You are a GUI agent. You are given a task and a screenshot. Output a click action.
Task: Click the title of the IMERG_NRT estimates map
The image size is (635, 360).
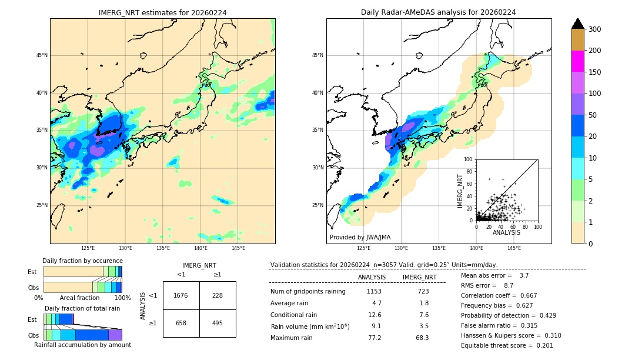(x=162, y=12)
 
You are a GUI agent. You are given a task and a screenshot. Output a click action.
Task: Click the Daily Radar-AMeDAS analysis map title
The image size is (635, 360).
(x=438, y=12)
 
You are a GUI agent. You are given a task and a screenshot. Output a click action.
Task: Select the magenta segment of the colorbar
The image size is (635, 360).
(x=577, y=61)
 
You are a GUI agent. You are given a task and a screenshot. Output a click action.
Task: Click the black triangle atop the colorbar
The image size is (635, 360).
(x=577, y=24)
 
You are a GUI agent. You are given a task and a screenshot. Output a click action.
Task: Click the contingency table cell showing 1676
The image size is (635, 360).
(x=181, y=295)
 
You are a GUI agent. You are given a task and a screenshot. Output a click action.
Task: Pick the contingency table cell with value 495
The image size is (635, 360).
(x=218, y=323)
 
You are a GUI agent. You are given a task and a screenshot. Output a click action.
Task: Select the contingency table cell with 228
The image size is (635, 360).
(x=218, y=295)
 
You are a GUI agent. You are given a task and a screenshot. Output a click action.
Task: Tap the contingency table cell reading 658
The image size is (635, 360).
(x=181, y=323)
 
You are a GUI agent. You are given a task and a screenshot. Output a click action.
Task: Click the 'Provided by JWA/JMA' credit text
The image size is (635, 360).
(x=360, y=238)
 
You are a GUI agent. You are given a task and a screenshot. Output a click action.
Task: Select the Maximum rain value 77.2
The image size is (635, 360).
(x=374, y=338)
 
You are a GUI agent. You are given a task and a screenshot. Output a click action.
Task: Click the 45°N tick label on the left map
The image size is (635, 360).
(x=41, y=55)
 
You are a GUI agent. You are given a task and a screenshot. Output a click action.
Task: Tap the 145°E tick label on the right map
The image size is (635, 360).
(x=514, y=248)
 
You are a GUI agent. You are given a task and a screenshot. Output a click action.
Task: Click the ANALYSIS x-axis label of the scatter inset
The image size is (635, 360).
(x=506, y=232)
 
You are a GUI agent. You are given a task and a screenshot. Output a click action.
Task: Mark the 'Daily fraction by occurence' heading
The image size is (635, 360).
(x=82, y=261)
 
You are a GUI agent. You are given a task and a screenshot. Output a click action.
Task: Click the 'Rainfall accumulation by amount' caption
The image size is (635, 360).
(x=82, y=345)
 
